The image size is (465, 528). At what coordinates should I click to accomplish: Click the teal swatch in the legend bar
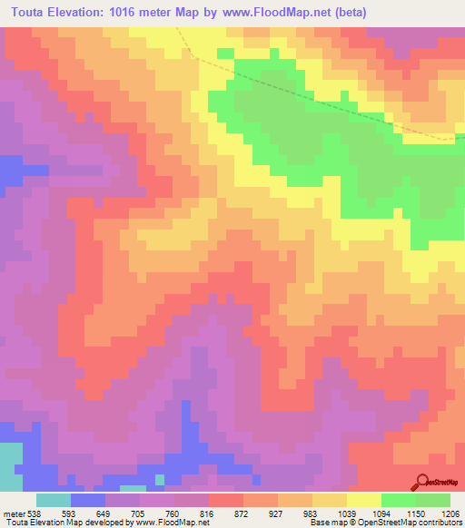point(54,499)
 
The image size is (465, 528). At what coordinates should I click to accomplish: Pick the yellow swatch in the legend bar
point(363,499)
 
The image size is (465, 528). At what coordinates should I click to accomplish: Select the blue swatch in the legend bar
point(88,499)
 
